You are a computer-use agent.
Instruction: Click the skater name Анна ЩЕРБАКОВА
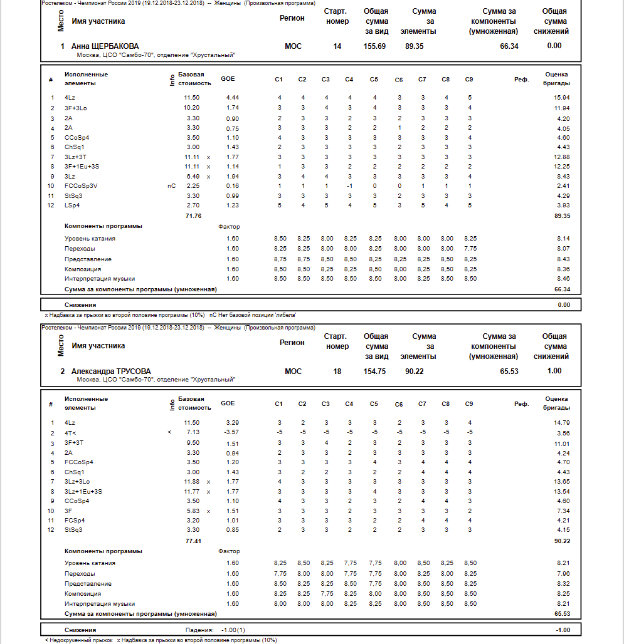click(x=105, y=46)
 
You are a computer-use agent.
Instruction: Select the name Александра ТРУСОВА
click(x=111, y=371)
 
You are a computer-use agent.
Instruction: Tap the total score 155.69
click(x=374, y=46)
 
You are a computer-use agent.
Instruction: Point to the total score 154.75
click(x=374, y=371)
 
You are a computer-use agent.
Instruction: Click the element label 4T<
click(x=71, y=432)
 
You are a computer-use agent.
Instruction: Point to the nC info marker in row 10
click(x=171, y=186)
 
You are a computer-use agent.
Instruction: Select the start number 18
click(x=337, y=371)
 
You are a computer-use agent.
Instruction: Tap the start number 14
click(x=337, y=46)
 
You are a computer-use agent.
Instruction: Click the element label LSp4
click(x=72, y=205)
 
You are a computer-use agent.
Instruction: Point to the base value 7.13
click(x=193, y=432)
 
